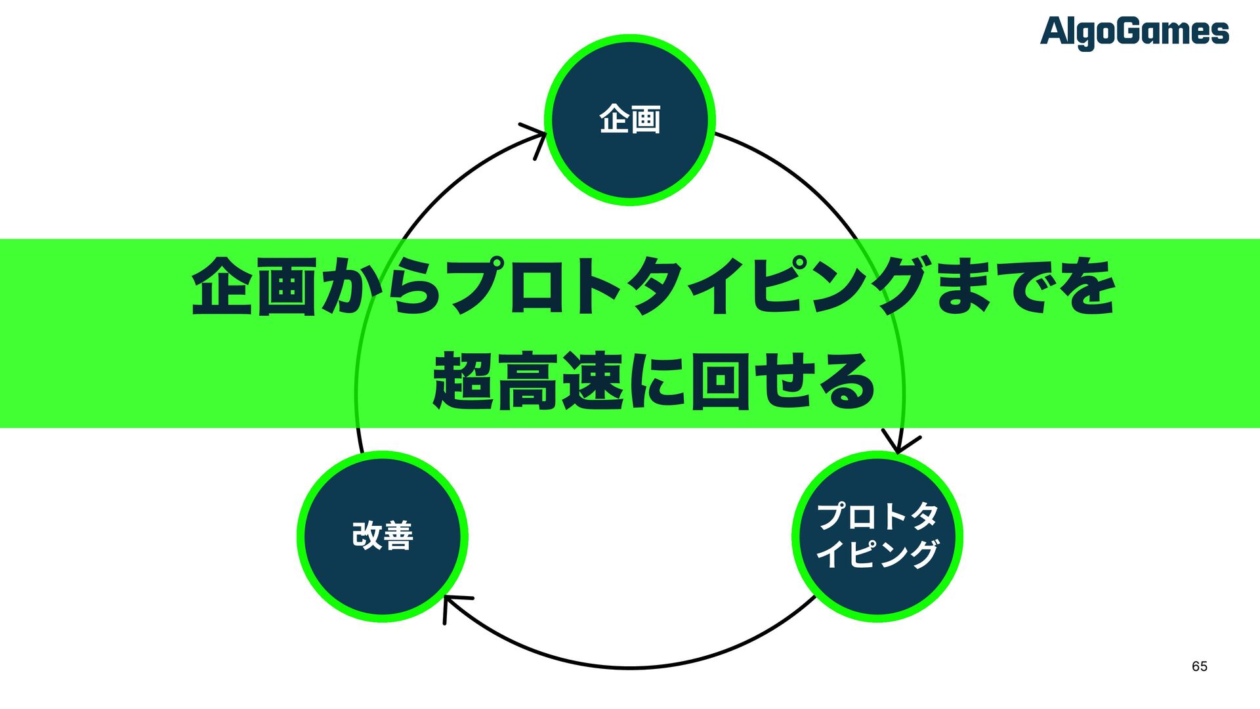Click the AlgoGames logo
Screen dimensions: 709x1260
(x=1134, y=32)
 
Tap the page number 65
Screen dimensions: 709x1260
(x=1199, y=666)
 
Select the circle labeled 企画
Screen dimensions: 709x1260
(x=630, y=120)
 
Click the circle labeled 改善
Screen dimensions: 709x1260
(x=383, y=536)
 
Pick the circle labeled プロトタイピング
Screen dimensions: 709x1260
(x=877, y=536)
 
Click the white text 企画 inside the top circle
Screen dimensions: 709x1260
(x=630, y=120)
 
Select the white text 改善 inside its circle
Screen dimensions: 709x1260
(x=383, y=536)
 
